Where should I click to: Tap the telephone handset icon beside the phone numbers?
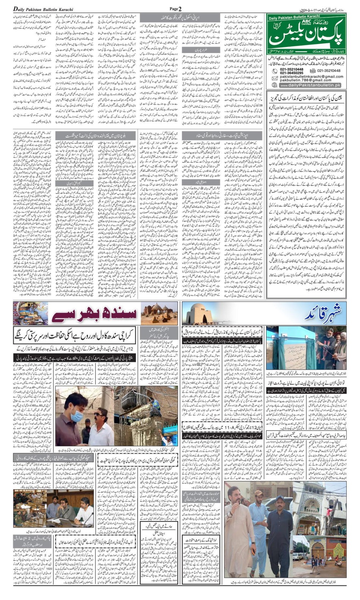tap(275, 71)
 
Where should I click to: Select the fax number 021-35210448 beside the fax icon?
tap(329, 70)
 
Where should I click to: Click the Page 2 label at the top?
tap(175, 9)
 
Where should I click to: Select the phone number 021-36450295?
tap(292, 73)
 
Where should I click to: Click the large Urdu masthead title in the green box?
tap(307, 34)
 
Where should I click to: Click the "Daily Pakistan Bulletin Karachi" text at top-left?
tap(43, 9)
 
